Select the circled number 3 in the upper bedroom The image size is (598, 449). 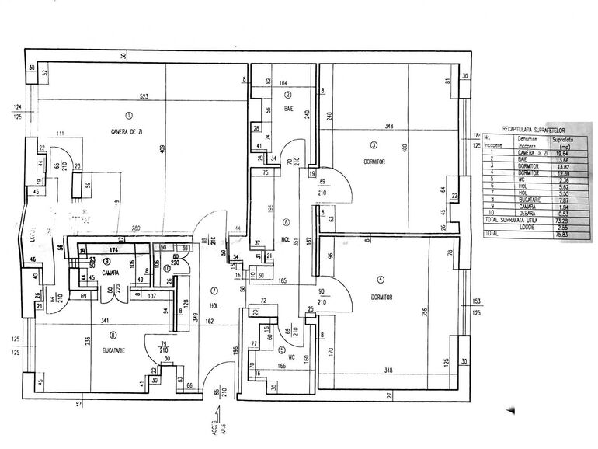(373, 144)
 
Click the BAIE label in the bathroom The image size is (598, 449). (287, 108)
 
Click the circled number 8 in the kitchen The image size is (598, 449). (113, 336)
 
